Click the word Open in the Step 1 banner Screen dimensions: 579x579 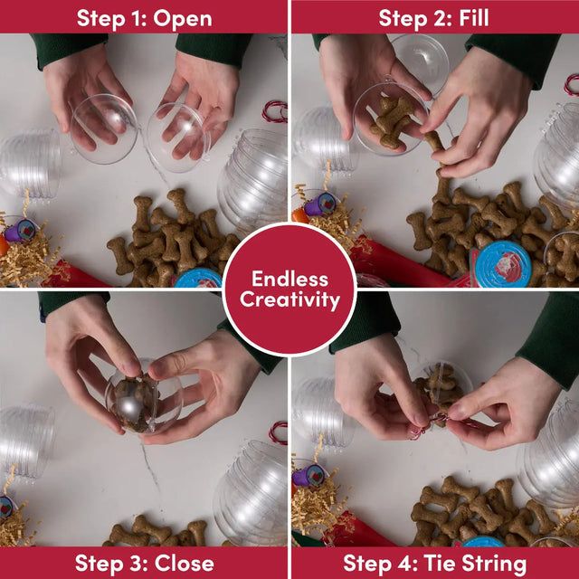183,19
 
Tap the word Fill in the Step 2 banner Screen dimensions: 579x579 474,18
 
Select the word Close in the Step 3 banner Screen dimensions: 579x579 185,563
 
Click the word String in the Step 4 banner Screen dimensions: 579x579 494,564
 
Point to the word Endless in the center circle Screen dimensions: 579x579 289,279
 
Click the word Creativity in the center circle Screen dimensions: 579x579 289,299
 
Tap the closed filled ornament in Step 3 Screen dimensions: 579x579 144,396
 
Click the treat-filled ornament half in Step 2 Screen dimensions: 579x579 391,119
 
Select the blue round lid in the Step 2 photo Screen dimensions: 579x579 502,263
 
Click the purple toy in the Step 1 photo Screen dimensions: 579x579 20,231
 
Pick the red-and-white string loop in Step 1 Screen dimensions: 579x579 275,111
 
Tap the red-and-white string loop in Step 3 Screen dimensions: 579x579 279,432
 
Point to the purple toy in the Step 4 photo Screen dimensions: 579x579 309,475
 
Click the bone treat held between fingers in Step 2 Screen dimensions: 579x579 435,143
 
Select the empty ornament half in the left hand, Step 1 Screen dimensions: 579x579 104,128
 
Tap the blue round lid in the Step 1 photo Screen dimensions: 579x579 198,278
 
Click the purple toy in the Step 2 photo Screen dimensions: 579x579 319,204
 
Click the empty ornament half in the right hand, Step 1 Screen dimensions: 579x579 178,138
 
